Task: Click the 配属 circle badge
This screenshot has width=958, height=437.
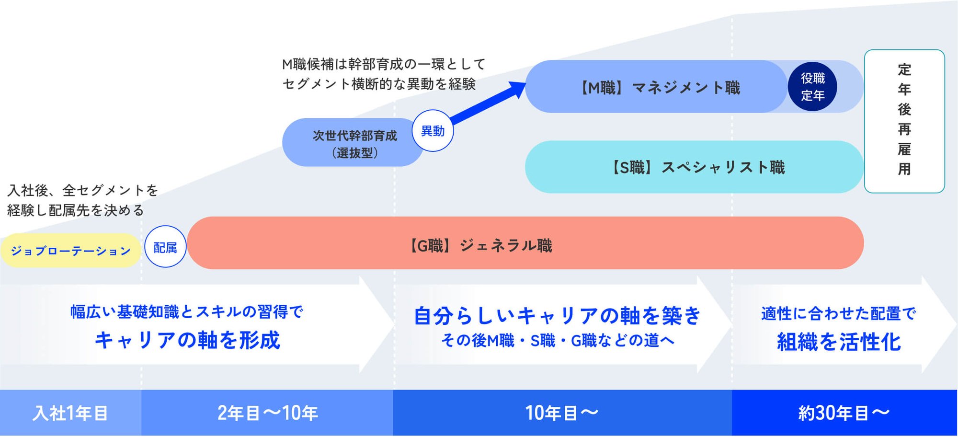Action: (x=165, y=246)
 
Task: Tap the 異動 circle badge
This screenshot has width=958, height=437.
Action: (x=433, y=131)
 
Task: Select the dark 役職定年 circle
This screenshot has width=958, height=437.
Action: (x=812, y=87)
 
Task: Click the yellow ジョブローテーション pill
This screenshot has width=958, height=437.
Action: (x=71, y=251)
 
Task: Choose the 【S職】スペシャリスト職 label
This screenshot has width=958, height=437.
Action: (x=696, y=167)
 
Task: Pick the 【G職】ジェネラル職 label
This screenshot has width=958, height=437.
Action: (x=479, y=246)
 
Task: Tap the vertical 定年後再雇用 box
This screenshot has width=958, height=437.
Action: (x=904, y=121)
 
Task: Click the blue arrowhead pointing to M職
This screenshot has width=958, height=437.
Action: (x=516, y=90)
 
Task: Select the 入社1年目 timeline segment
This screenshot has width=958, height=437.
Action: (x=70, y=413)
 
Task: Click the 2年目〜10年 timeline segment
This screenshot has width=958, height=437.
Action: (x=267, y=413)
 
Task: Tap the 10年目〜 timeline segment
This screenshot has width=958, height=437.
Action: (x=562, y=413)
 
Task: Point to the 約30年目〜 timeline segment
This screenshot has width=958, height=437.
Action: (x=844, y=413)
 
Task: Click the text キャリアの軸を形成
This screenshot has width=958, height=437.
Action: (x=187, y=340)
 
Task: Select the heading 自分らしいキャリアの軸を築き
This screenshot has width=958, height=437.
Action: (x=557, y=316)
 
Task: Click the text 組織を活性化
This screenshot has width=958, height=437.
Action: (x=839, y=342)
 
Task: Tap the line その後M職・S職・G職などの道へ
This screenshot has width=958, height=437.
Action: (x=558, y=340)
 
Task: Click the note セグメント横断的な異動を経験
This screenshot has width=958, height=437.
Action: (x=379, y=84)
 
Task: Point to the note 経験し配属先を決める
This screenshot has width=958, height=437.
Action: (x=75, y=210)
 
